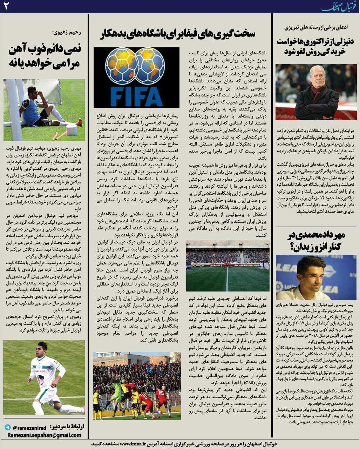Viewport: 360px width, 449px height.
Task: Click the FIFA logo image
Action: coord(136,77)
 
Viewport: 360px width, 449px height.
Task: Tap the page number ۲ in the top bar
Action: coord(6,6)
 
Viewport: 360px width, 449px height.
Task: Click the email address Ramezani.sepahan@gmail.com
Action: coord(44,435)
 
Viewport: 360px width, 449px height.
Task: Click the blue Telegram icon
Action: coord(8,428)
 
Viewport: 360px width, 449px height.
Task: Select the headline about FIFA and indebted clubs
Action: coord(178,34)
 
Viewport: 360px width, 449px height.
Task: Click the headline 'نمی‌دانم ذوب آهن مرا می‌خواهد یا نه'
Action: coord(44,56)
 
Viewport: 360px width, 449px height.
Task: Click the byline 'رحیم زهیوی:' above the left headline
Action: coord(67,33)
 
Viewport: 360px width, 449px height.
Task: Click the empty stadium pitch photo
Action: coord(228,266)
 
